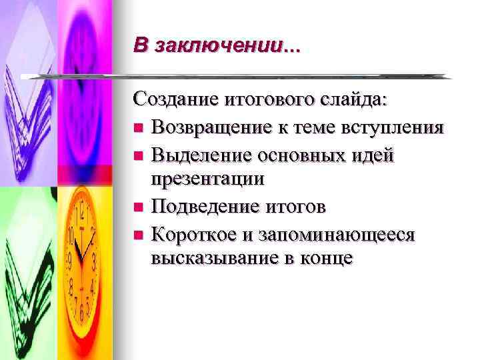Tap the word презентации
tap(207, 179)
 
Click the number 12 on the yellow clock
tap(83, 214)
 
